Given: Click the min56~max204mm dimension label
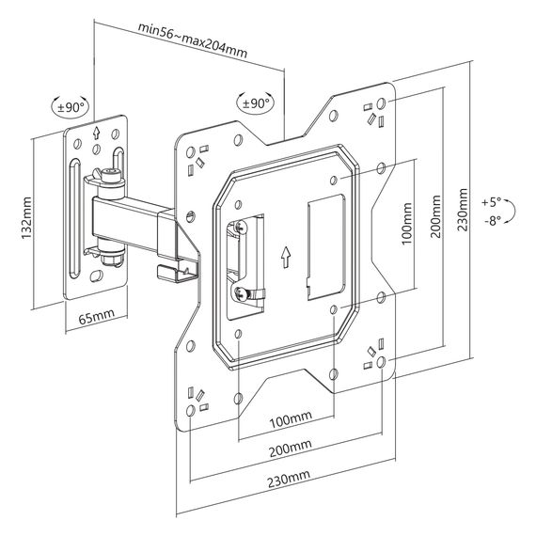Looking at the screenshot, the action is tap(193, 40).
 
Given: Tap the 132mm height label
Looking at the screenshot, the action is tap(26, 218).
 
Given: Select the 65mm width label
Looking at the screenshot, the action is tap(97, 317).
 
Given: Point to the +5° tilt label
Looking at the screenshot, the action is tap(491, 202).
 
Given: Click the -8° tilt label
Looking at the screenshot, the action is tap(493, 221).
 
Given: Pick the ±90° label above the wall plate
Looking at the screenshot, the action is tap(71, 107).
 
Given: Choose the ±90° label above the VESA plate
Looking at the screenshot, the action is tap(256, 102).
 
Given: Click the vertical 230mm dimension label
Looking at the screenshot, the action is tap(463, 210).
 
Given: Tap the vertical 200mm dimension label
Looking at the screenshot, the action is tap(435, 216).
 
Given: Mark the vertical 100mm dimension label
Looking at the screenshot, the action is tap(407, 224).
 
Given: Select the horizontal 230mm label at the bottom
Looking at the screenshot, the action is tap(289, 479).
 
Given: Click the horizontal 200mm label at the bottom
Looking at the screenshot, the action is tap(291, 449).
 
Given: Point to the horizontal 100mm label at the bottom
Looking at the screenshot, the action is tap(291, 419).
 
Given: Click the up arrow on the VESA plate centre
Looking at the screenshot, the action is tap(286, 257).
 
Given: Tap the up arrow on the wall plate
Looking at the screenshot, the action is tap(97, 133).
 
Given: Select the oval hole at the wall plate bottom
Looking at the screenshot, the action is tap(97, 276).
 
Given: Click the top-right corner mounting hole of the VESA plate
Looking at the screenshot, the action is tap(382, 103).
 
